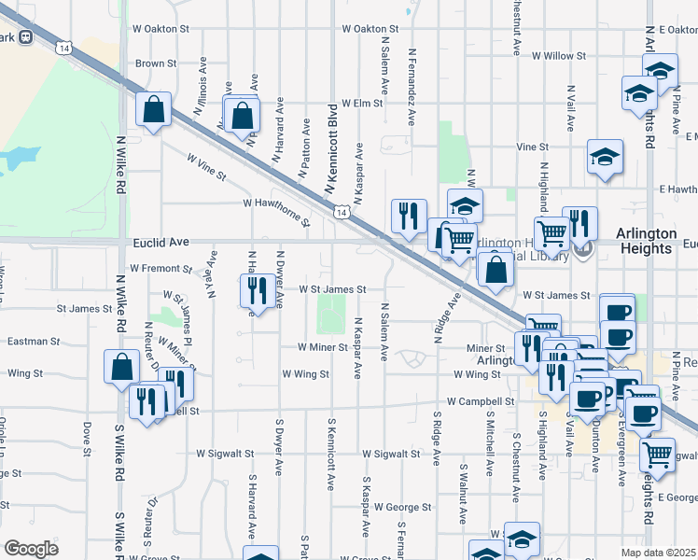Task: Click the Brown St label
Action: tap(156, 63)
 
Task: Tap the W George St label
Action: tap(403, 508)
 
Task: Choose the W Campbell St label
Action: tap(481, 401)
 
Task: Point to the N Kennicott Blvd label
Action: tap(330, 149)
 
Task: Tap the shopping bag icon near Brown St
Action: tap(153, 109)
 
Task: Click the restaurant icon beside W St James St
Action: tap(255, 290)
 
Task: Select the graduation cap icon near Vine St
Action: tap(605, 157)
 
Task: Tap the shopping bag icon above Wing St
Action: tap(122, 367)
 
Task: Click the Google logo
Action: tap(31, 549)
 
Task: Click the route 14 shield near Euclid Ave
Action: tap(343, 214)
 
